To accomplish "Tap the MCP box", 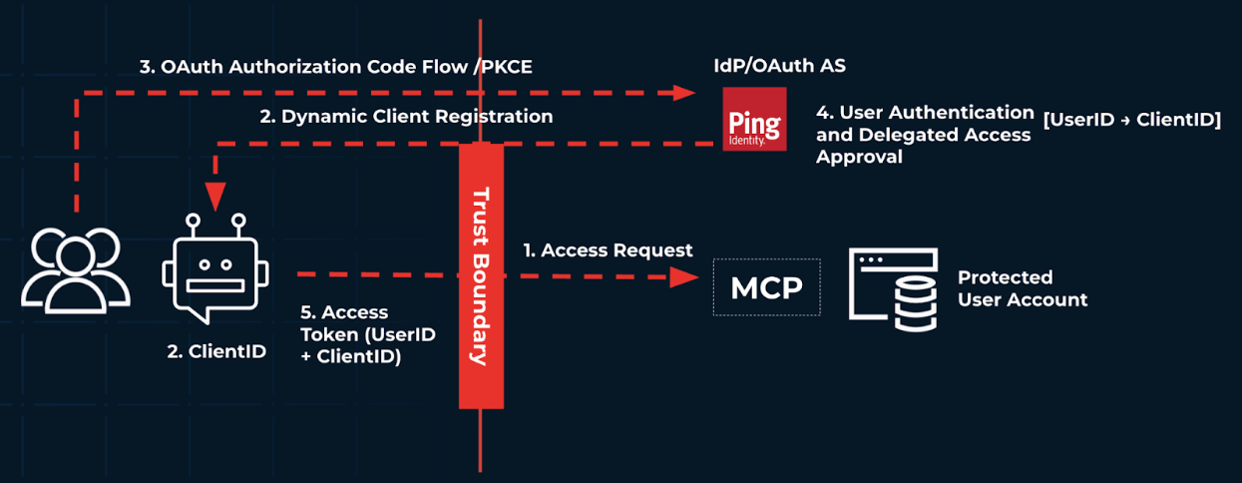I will point(766,287).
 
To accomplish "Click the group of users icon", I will point(76,269).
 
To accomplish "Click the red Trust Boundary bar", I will point(480,275).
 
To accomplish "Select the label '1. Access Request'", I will point(608,250).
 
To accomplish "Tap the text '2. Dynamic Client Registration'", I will point(406,117).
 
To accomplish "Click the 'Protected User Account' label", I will point(1022,288).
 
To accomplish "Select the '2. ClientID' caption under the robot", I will point(216,351).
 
